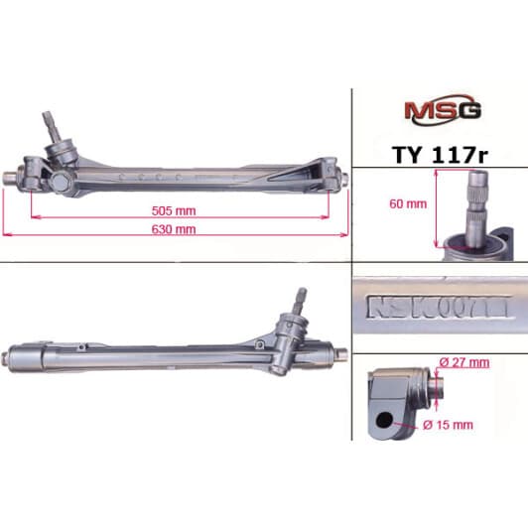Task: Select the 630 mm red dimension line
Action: pyautogui.click(x=175, y=236)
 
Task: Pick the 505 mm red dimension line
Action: pyautogui.click(x=175, y=216)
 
